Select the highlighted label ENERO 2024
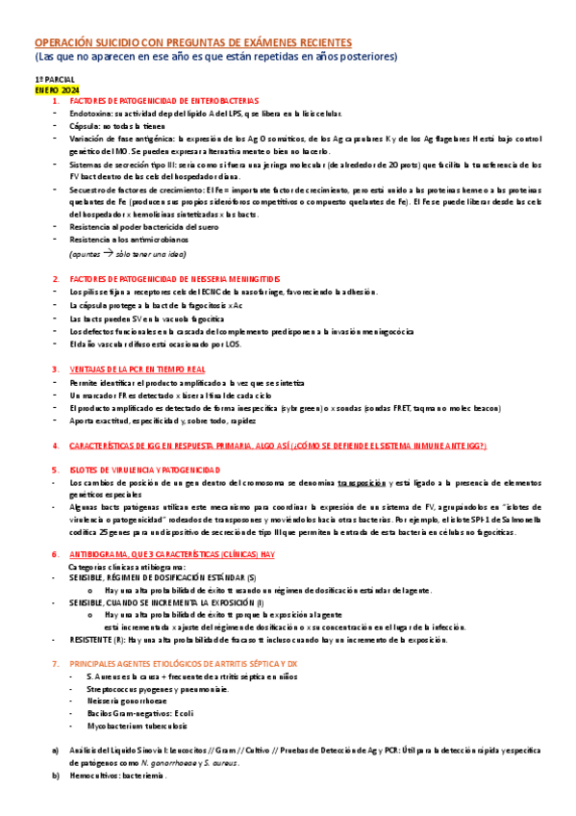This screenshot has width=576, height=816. [x=57, y=89]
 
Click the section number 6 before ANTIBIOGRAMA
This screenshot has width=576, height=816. [x=55, y=555]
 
